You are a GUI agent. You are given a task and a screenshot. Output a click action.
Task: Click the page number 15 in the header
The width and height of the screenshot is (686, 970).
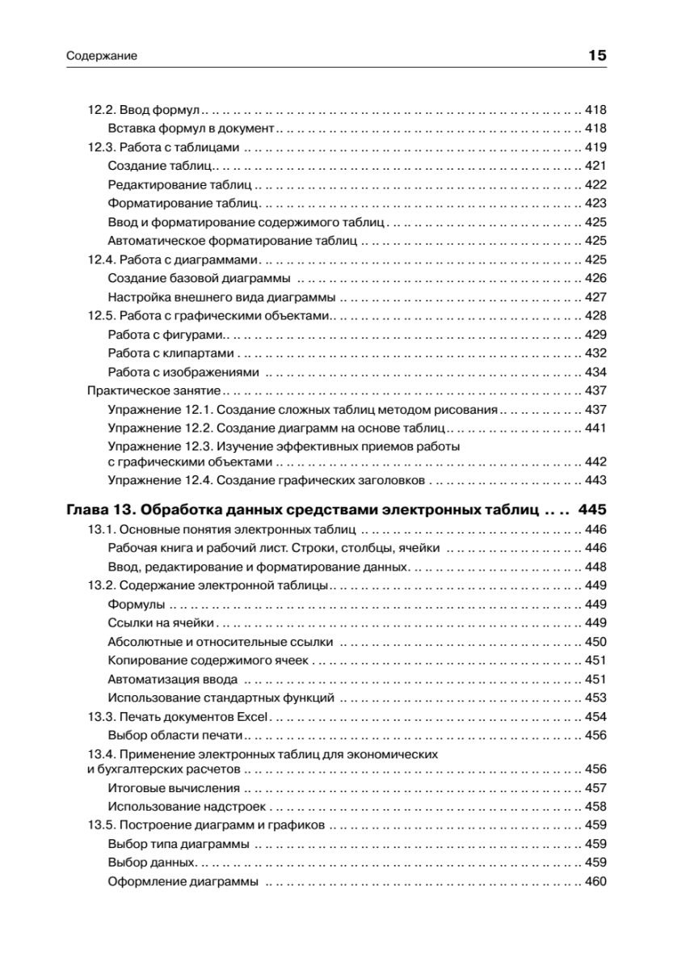(597, 56)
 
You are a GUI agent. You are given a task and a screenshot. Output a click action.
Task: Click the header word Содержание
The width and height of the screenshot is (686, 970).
(99, 57)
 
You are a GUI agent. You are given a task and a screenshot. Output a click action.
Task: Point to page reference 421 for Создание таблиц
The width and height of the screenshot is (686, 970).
(595, 166)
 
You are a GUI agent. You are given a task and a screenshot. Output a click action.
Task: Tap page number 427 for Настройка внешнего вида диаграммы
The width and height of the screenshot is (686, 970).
(595, 297)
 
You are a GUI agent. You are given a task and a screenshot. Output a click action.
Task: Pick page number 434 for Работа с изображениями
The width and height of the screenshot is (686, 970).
(595, 372)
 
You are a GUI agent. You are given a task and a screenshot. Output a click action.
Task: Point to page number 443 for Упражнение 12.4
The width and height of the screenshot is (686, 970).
(595, 481)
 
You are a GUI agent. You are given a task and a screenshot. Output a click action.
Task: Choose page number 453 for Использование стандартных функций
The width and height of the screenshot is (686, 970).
(595, 698)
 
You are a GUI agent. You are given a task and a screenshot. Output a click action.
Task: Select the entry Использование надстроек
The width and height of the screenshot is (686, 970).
(186, 807)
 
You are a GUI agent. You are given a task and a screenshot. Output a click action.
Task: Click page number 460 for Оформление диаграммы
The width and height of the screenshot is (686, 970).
(595, 881)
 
